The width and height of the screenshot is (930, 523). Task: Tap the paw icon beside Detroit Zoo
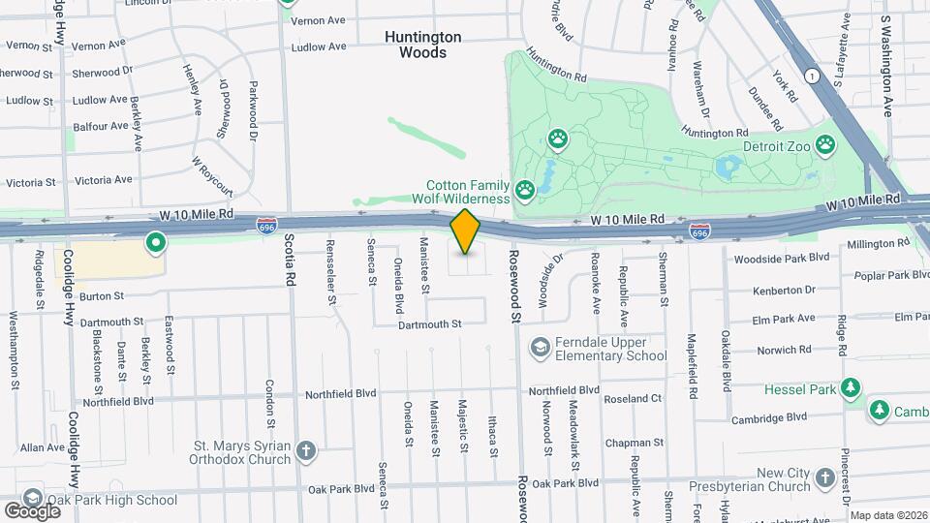(x=824, y=145)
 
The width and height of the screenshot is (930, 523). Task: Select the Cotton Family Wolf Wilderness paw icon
(x=524, y=189)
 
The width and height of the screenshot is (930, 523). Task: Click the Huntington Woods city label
(x=422, y=45)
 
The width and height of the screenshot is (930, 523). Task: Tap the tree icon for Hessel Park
(x=851, y=388)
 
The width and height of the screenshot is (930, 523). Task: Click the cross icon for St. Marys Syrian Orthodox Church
(x=305, y=451)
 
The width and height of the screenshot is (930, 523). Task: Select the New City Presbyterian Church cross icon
(x=824, y=477)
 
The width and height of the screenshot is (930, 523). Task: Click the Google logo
(x=32, y=510)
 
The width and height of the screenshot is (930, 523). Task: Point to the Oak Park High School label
(x=122, y=500)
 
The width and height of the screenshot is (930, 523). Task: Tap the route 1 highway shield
(x=811, y=76)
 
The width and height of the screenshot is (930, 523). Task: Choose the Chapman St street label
(x=633, y=443)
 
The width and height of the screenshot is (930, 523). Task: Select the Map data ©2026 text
(x=888, y=515)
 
